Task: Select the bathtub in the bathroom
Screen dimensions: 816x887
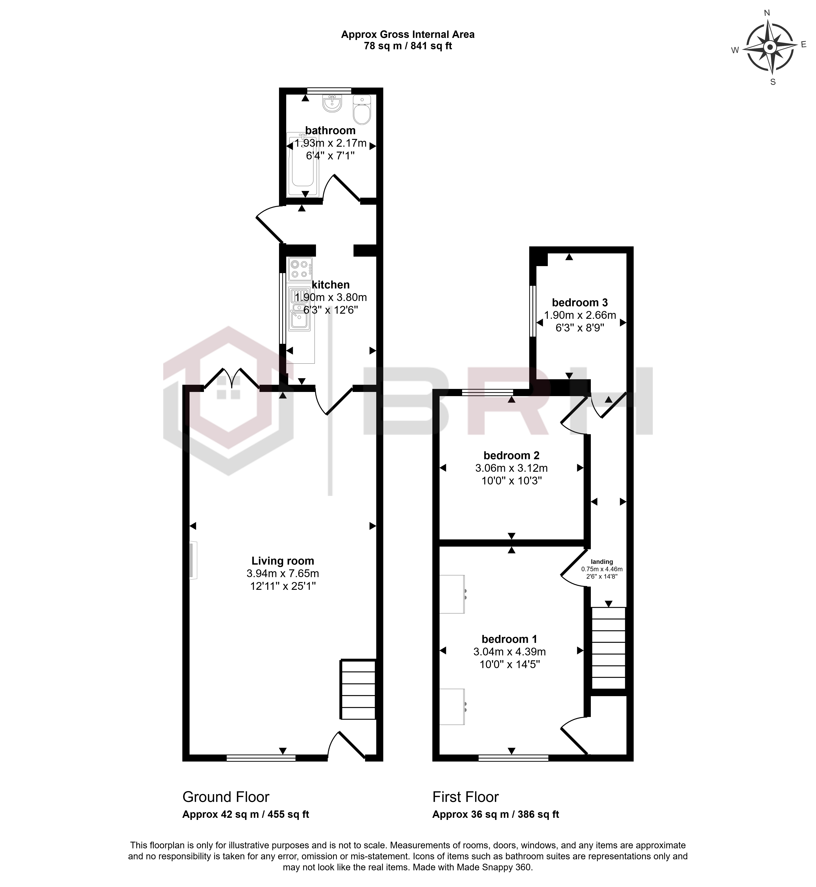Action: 302,164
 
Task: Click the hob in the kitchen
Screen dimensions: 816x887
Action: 300,269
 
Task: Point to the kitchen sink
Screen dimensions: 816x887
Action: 300,309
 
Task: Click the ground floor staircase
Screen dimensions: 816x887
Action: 358,690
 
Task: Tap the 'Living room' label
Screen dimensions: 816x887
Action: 283,561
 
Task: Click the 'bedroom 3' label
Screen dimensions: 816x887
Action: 580,302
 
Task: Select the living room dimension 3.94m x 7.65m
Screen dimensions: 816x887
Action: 283,574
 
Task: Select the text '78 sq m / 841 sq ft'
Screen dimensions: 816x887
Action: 408,46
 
